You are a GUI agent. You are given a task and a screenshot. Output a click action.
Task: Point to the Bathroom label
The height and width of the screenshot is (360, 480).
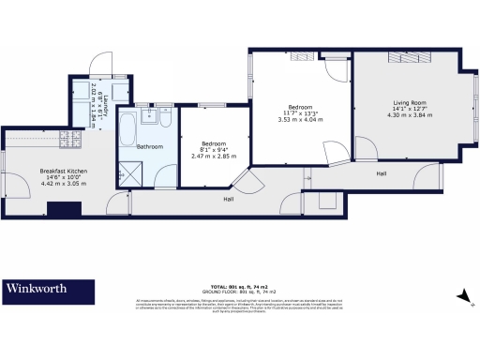click(150, 147)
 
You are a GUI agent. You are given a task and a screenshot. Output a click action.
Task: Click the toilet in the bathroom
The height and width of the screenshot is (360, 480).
click(165, 119)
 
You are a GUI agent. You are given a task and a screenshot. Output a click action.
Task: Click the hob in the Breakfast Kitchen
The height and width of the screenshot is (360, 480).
click(68, 141)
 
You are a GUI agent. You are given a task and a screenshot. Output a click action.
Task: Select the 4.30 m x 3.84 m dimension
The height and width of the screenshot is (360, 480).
click(408, 115)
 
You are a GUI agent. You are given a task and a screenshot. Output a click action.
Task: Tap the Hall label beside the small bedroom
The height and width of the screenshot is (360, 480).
click(229, 200)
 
